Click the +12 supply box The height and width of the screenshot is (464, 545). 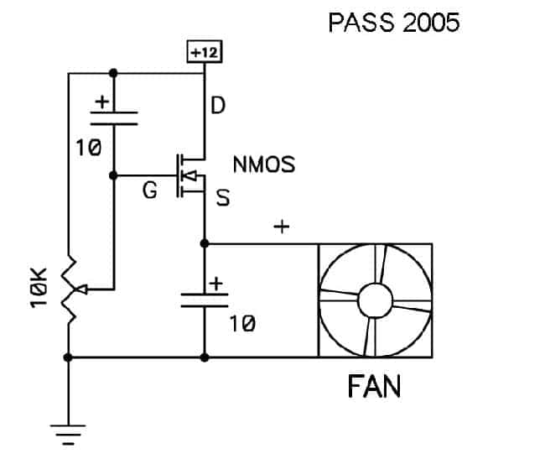(205, 52)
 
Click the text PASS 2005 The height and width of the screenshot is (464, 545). (394, 23)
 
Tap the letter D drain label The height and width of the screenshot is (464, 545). (218, 105)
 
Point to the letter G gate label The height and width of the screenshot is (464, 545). (150, 190)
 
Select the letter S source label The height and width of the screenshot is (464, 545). (223, 197)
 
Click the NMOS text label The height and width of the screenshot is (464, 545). (264, 164)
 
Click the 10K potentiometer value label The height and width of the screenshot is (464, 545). (39, 288)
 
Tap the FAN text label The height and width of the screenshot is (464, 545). (374, 386)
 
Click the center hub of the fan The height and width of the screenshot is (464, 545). (375, 300)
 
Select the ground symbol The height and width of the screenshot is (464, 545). (68, 435)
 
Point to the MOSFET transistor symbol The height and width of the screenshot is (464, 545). (190, 175)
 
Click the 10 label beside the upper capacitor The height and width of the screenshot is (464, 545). (89, 148)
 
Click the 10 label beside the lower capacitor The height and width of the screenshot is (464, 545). (242, 324)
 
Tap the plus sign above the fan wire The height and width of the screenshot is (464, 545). (282, 227)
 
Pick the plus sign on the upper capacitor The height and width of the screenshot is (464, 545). (102, 102)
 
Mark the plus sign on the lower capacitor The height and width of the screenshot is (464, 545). (216, 284)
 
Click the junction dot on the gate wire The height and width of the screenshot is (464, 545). (113, 175)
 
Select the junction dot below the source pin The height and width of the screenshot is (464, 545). (205, 243)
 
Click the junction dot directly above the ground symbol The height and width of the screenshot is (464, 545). (68, 357)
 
